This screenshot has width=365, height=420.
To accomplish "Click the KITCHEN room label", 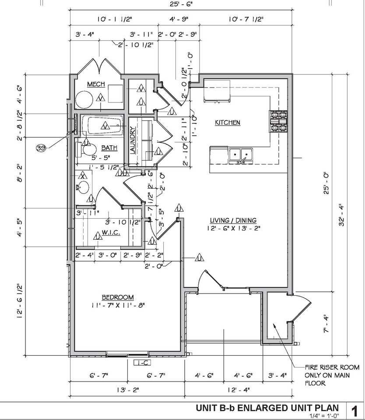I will [x=227, y=123].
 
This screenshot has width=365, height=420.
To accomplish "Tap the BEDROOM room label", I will [x=118, y=297].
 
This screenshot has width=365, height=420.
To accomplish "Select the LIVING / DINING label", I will [x=233, y=220].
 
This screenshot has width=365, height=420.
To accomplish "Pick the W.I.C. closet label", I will [x=111, y=232].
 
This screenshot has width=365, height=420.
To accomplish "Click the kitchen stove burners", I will [x=279, y=121].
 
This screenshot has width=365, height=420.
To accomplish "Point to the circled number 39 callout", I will [x=41, y=148].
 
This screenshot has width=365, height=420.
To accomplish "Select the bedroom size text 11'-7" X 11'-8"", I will [x=118, y=305].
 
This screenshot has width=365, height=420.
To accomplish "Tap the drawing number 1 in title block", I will [x=355, y=411].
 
